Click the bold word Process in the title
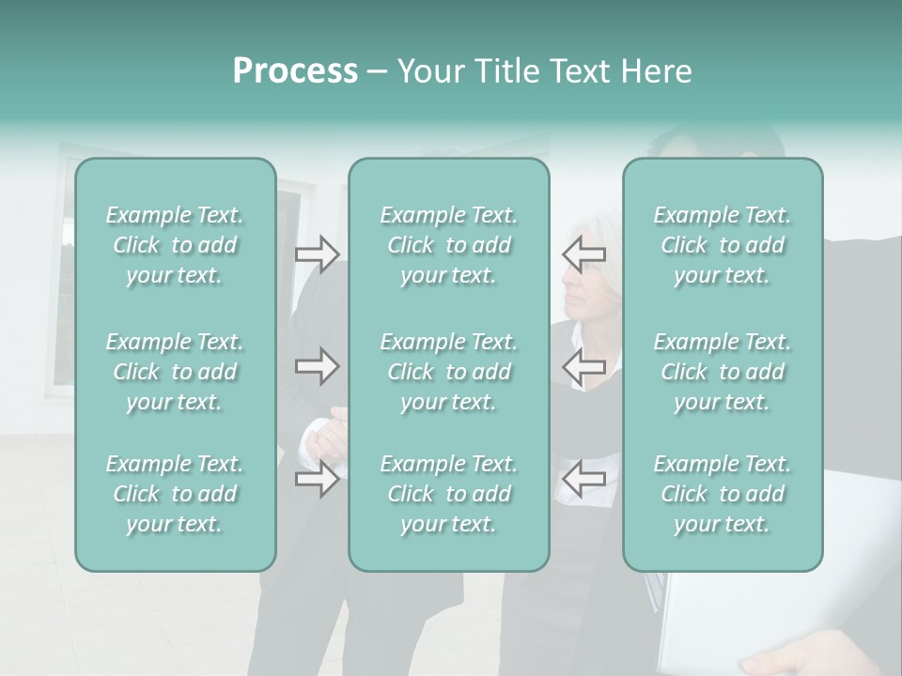[295, 71]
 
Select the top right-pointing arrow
[318, 254]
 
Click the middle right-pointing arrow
[318, 366]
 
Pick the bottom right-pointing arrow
[318, 481]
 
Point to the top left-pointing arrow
[583, 253]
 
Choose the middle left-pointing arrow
[583, 366]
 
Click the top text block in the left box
[175, 245]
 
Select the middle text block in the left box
[175, 372]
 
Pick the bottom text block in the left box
[175, 494]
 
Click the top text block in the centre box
[449, 245]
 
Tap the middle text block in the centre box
[449, 372]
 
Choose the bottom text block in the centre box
[449, 494]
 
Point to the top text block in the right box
[723, 245]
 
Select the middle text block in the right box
[723, 372]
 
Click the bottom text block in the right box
[723, 494]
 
